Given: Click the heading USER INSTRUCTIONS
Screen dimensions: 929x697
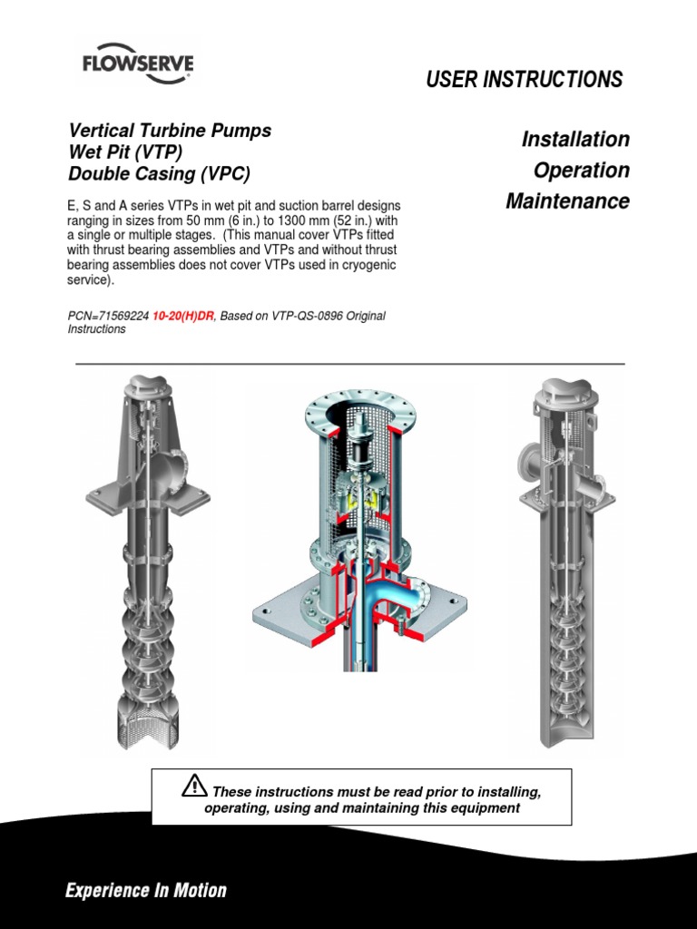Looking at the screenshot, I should [x=524, y=80].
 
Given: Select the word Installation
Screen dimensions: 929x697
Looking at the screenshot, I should [x=575, y=140].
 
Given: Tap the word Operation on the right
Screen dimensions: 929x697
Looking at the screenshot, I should [x=581, y=171].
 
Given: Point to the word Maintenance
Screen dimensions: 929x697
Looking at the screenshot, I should [x=567, y=200].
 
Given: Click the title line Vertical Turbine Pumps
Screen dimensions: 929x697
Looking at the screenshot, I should [x=170, y=131].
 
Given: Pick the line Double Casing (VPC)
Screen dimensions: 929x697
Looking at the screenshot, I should [x=159, y=172].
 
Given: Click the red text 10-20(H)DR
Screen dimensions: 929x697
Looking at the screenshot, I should [x=180, y=316].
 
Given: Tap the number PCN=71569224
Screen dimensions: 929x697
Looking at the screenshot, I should [x=104, y=316].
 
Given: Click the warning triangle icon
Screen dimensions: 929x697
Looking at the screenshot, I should [x=194, y=785].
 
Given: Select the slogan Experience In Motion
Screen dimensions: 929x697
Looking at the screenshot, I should [x=146, y=890].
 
